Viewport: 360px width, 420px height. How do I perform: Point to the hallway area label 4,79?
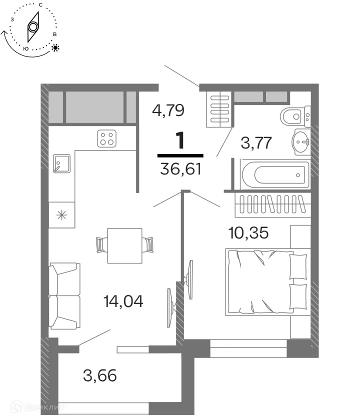[168, 109]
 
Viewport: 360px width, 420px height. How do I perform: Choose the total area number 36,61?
[180, 170]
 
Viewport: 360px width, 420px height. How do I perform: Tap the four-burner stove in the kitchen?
[106, 138]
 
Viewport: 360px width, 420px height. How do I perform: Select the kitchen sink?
[61, 163]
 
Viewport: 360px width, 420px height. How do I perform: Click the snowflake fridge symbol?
[61, 215]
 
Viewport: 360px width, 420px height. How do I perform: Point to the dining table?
[124, 244]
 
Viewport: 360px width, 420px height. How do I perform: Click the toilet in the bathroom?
[292, 117]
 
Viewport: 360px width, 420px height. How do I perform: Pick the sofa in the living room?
[64, 295]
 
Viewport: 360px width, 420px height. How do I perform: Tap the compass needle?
[33, 26]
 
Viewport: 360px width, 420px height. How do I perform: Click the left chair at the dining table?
[101, 244]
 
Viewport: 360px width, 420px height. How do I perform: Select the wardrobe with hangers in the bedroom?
[272, 203]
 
